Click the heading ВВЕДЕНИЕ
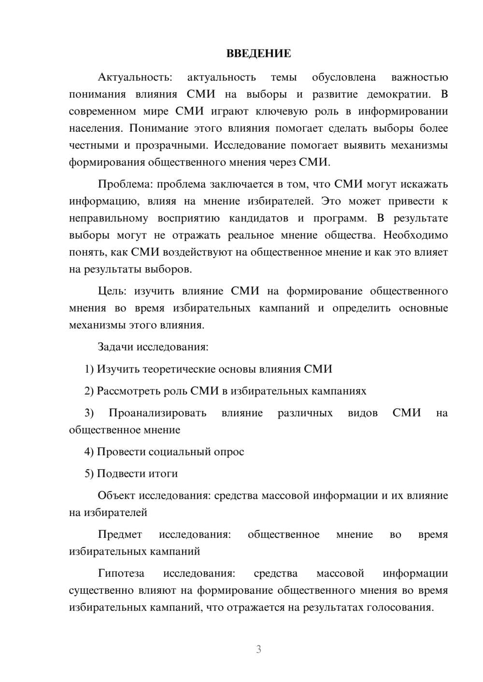[x=258, y=54]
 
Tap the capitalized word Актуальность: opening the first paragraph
[x=135, y=77]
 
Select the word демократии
[x=393, y=94]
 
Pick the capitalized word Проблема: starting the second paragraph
[x=125, y=184]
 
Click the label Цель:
[x=112, y=291]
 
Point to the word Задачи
[x=116, y=347]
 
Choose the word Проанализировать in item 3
[x=157, y=413]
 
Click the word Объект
[x=117, y=496]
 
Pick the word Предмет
[x=120, y=534]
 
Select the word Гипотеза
[x=121, y=573]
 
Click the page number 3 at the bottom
[x=258, y=649]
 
